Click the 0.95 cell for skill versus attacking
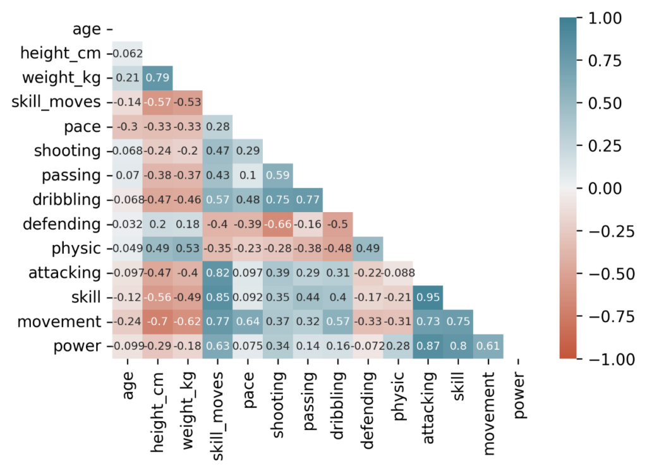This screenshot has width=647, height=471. pos(428,297)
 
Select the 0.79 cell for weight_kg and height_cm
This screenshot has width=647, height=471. pos(158,78)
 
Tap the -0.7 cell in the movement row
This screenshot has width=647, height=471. pos(158,321)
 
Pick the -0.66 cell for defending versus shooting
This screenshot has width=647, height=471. pos(278,224)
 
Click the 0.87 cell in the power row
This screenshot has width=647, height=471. pos(428,346)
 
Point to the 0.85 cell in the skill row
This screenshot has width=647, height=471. pos(218,297)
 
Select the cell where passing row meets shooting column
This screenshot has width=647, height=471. pos(278,176)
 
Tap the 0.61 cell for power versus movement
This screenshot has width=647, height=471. pos(488,346)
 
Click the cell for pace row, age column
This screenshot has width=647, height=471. pos(128,127)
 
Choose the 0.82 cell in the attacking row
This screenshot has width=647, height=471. pos(218,273)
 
